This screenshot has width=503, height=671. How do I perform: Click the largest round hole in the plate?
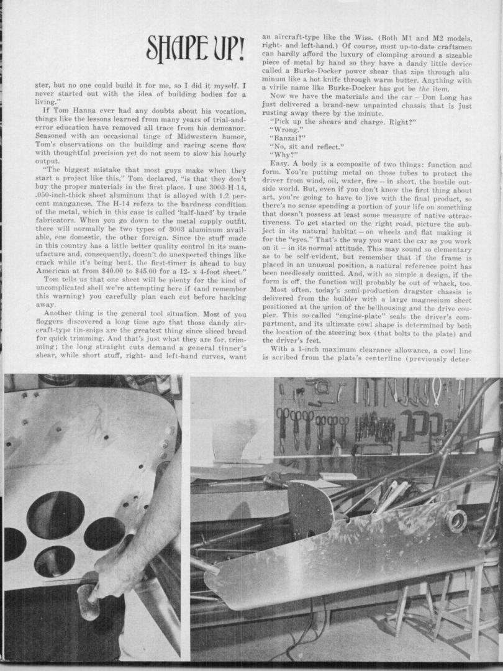pos(57,514)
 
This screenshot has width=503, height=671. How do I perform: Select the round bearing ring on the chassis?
pos(456,521)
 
